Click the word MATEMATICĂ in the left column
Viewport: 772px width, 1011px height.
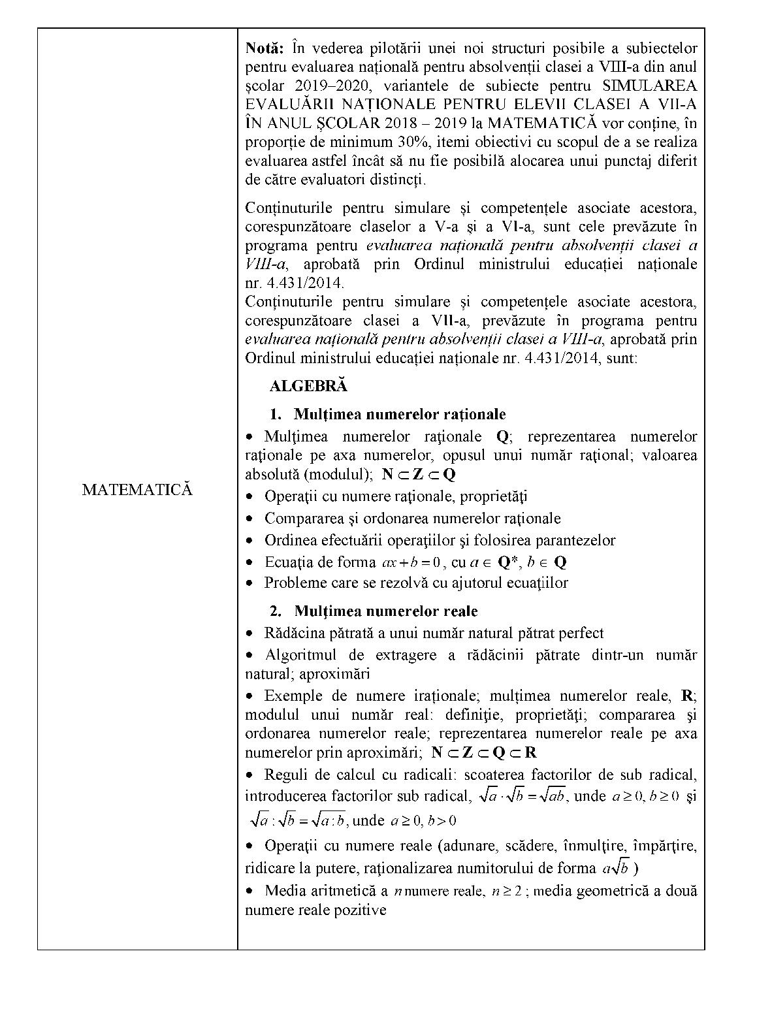tap(137, 490)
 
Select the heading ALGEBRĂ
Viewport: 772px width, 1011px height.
tap(308, 385)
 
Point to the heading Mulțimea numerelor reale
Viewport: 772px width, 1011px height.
tap(385, 611)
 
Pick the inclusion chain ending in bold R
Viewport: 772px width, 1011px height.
tap(484, 752)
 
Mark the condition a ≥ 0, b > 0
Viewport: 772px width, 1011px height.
tap(423, 821)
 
